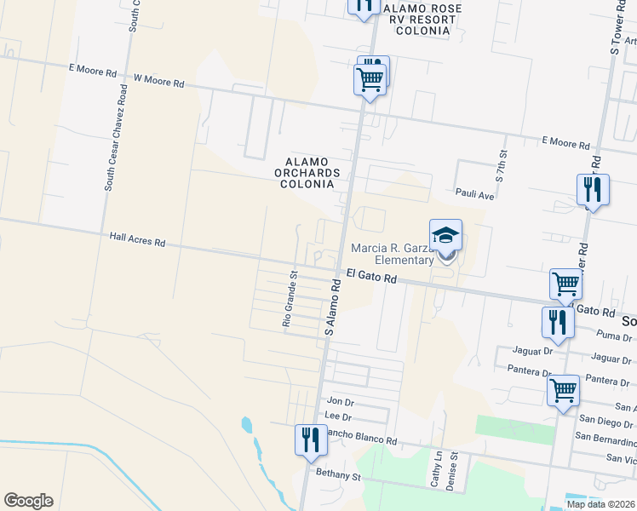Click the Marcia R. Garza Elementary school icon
[445, 236]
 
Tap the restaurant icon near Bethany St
[308, 439]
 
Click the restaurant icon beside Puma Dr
[557, 322]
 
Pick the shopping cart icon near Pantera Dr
[563, 390]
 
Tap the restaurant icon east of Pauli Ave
[592, 189]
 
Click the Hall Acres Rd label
[137, 242]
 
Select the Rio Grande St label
[290, 299]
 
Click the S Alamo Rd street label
[333, 308]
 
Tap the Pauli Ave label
[475, 194]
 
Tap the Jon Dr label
[340, 401]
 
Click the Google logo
[28, 501]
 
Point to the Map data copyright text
[600, 504]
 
